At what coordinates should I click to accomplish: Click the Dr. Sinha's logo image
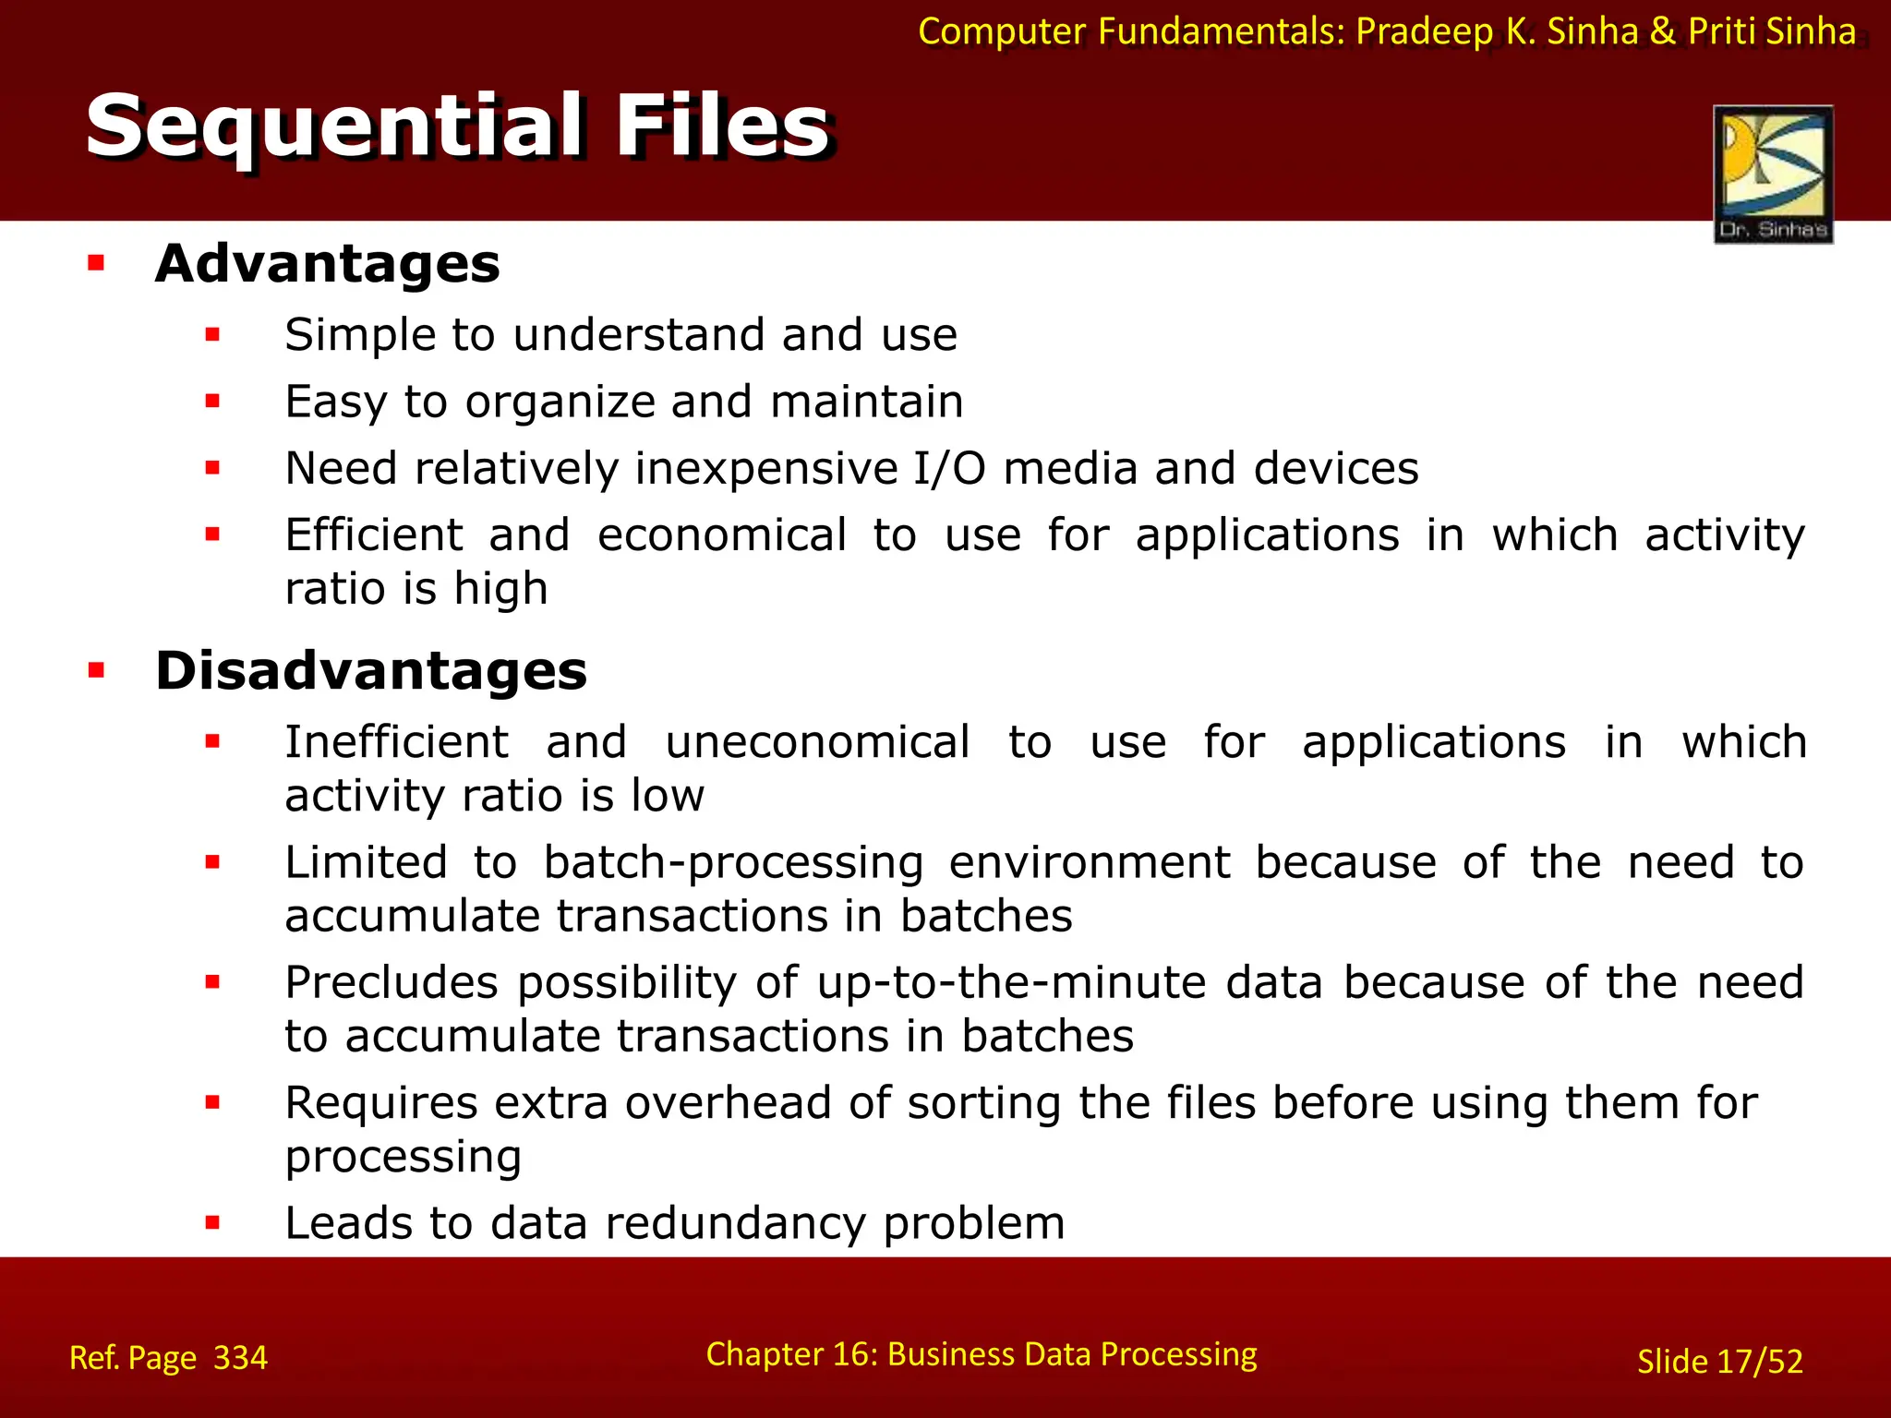point(1773,174)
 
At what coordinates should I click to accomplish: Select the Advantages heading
point(328,264)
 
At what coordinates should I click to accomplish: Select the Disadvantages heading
point(371,670)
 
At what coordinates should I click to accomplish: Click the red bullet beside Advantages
point(96,264)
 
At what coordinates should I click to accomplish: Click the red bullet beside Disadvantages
point(96,670)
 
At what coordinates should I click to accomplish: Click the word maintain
point(866,402)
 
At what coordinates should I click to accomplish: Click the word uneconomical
point(817,742)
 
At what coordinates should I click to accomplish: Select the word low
point(668,796)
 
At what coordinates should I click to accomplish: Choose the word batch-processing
point(733,863)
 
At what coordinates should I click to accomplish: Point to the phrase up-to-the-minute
point(1011,982)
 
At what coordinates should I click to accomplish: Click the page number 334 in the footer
point(240,1358)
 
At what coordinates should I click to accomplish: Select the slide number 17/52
point(1758,1362)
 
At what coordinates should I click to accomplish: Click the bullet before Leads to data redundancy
point(213,1223)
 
